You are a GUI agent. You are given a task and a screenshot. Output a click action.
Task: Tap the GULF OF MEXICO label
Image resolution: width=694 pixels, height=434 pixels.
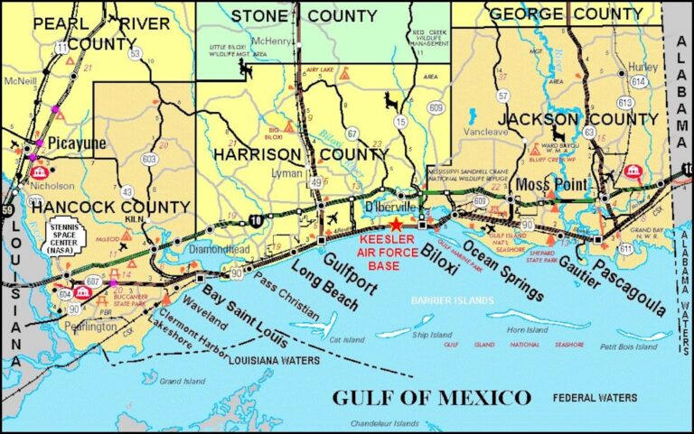point(431,397)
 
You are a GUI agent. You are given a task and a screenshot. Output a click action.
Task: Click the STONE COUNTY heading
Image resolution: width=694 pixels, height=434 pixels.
point(305,15)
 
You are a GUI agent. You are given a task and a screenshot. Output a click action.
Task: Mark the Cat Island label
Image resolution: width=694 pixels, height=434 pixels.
point(347,340)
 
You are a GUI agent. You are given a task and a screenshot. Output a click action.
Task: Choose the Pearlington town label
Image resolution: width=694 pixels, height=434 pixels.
point(90,327)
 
